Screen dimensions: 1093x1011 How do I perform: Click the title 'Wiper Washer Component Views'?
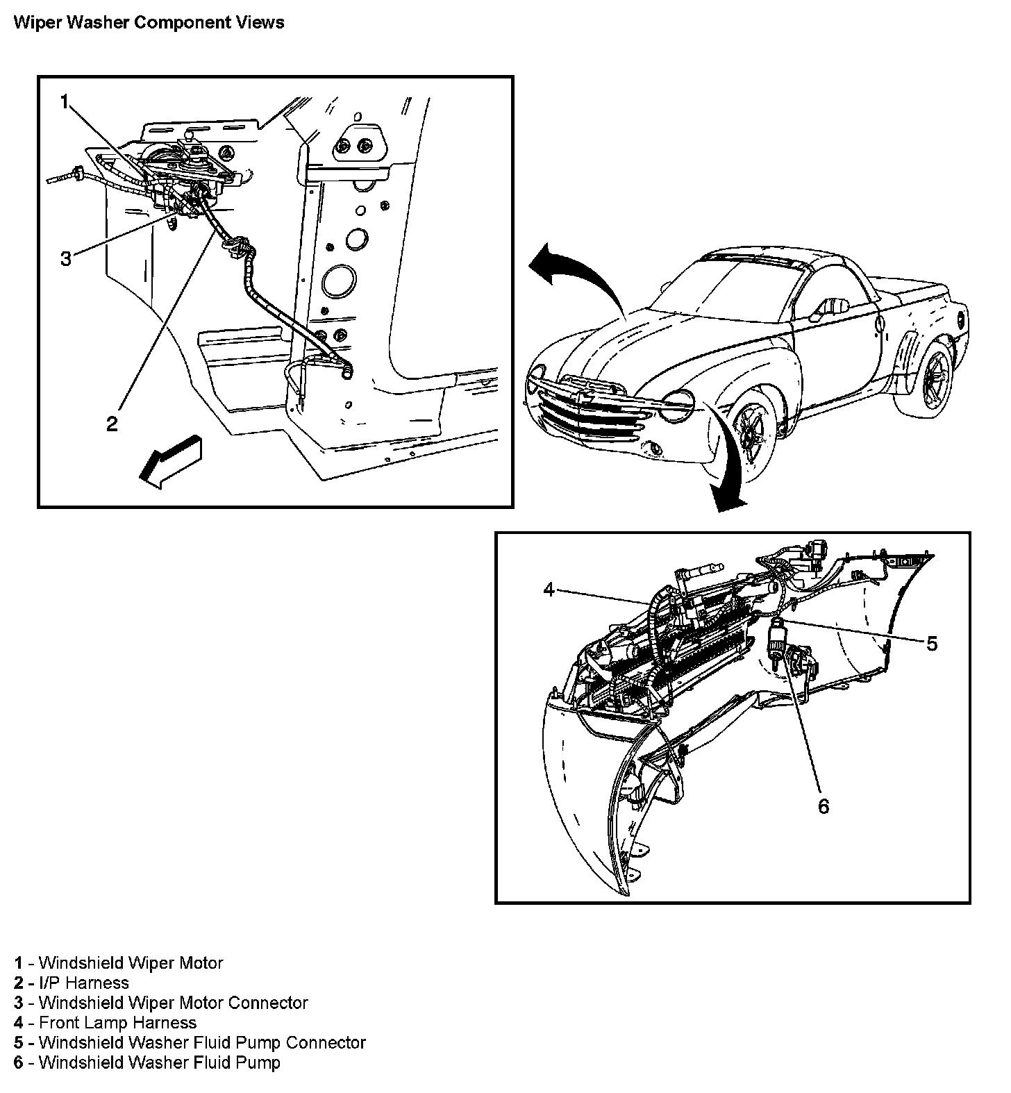[x=149, y=22]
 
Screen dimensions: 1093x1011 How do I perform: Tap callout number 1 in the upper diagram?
[x=65, y=103]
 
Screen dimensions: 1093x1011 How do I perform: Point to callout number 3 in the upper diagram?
[x=65, y=259]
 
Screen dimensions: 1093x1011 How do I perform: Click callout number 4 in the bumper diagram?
[x=549, y=590]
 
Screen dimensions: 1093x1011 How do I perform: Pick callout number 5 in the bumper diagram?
[x=932, y=644]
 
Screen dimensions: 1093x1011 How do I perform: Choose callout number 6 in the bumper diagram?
[x=824, y=806]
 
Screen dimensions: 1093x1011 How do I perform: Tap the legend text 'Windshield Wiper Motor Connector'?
[x=173, y=1003]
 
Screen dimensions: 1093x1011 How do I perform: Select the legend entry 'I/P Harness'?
[x=84, y=983]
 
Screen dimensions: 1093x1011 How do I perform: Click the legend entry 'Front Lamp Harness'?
[x=117, y=1022]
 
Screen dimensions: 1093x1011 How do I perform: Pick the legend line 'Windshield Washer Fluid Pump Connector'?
[x=202, y=1042]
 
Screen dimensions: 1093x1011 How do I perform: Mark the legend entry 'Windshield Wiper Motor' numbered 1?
[x=131, y=962]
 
